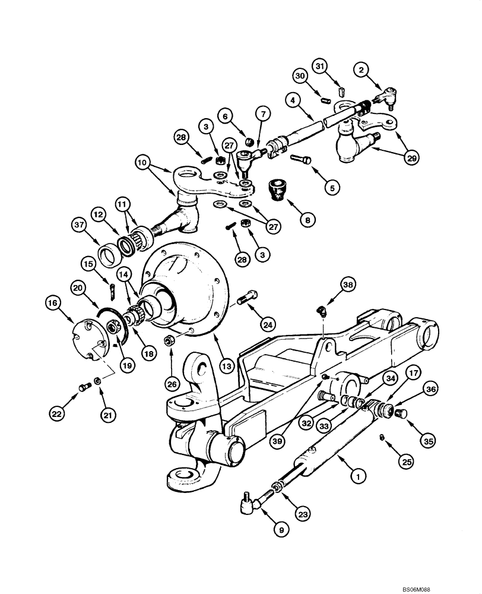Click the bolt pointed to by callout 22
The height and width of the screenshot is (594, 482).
(x=82, y=388)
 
